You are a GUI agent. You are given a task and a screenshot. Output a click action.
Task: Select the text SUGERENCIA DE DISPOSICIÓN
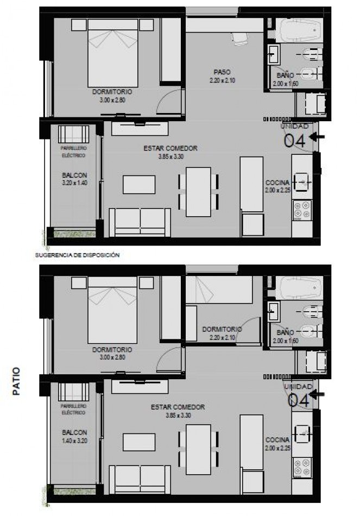(x=77, y=254)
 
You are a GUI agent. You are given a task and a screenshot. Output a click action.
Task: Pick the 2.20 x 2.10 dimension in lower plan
(x=222, y=337)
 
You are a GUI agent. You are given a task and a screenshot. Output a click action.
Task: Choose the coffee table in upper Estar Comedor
(x=139, y=184)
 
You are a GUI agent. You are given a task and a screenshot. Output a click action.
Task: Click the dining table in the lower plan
(x=198, y=449)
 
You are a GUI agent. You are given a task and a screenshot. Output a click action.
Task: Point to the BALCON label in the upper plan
(x=74, y=175)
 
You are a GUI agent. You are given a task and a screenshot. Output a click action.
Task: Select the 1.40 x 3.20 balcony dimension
(x=74, y=441)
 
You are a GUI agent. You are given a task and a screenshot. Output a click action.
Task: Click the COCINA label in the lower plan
(x=277, y=439)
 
